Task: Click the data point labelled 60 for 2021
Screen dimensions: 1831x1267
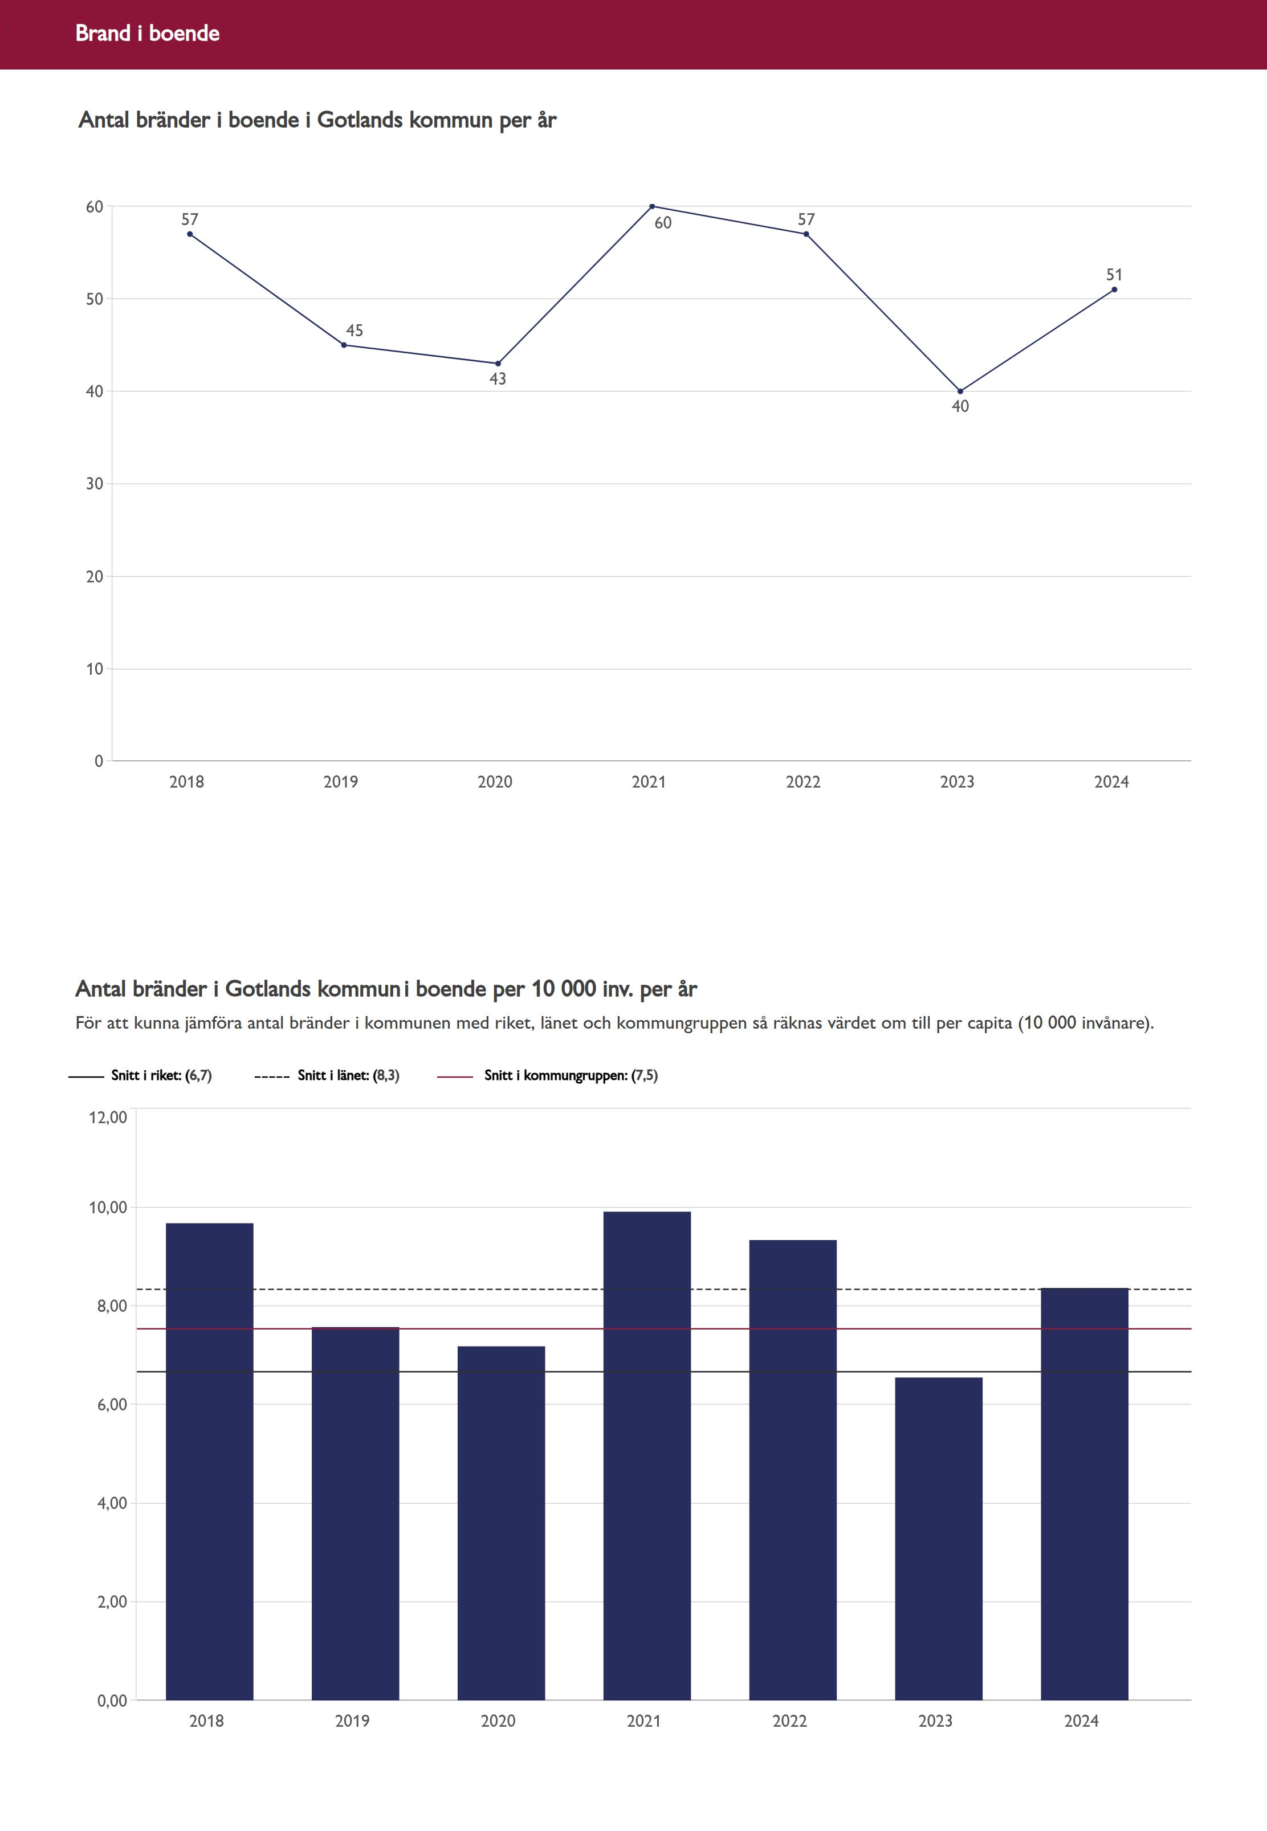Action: pyautogui.click(x=652, y=206)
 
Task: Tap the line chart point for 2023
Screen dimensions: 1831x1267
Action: pyautogui.click(x=960, y=392)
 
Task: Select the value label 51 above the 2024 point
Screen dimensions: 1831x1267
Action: pyautogui.click(x=1114, y=275)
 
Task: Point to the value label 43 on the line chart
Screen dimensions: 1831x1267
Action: pyautogui.click(x=498, y=378)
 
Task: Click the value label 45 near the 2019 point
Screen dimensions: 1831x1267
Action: pyautogui.click(x=354, y=330)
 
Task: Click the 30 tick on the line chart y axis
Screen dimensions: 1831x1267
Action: pyautogui.click(x=95, y=483)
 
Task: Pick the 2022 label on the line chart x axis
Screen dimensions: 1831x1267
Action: pyautogui.click(x=802, y=782)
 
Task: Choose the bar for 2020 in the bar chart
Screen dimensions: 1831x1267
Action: pyautogui.click(x=501, y=1524)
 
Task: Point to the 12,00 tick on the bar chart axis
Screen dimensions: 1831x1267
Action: pyautogui.click(x=108, y=1118)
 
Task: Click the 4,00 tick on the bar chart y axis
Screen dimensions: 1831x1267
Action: pyautogui.click(x=112, y=1502)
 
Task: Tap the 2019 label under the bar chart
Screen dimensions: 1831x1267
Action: pyautogui.click(x=352, y=1720)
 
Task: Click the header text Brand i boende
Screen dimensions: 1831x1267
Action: pyautogui.click(x=148, y=33)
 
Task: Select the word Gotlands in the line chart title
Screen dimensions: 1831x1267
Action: pyautogui.click(x=360, y=120)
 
